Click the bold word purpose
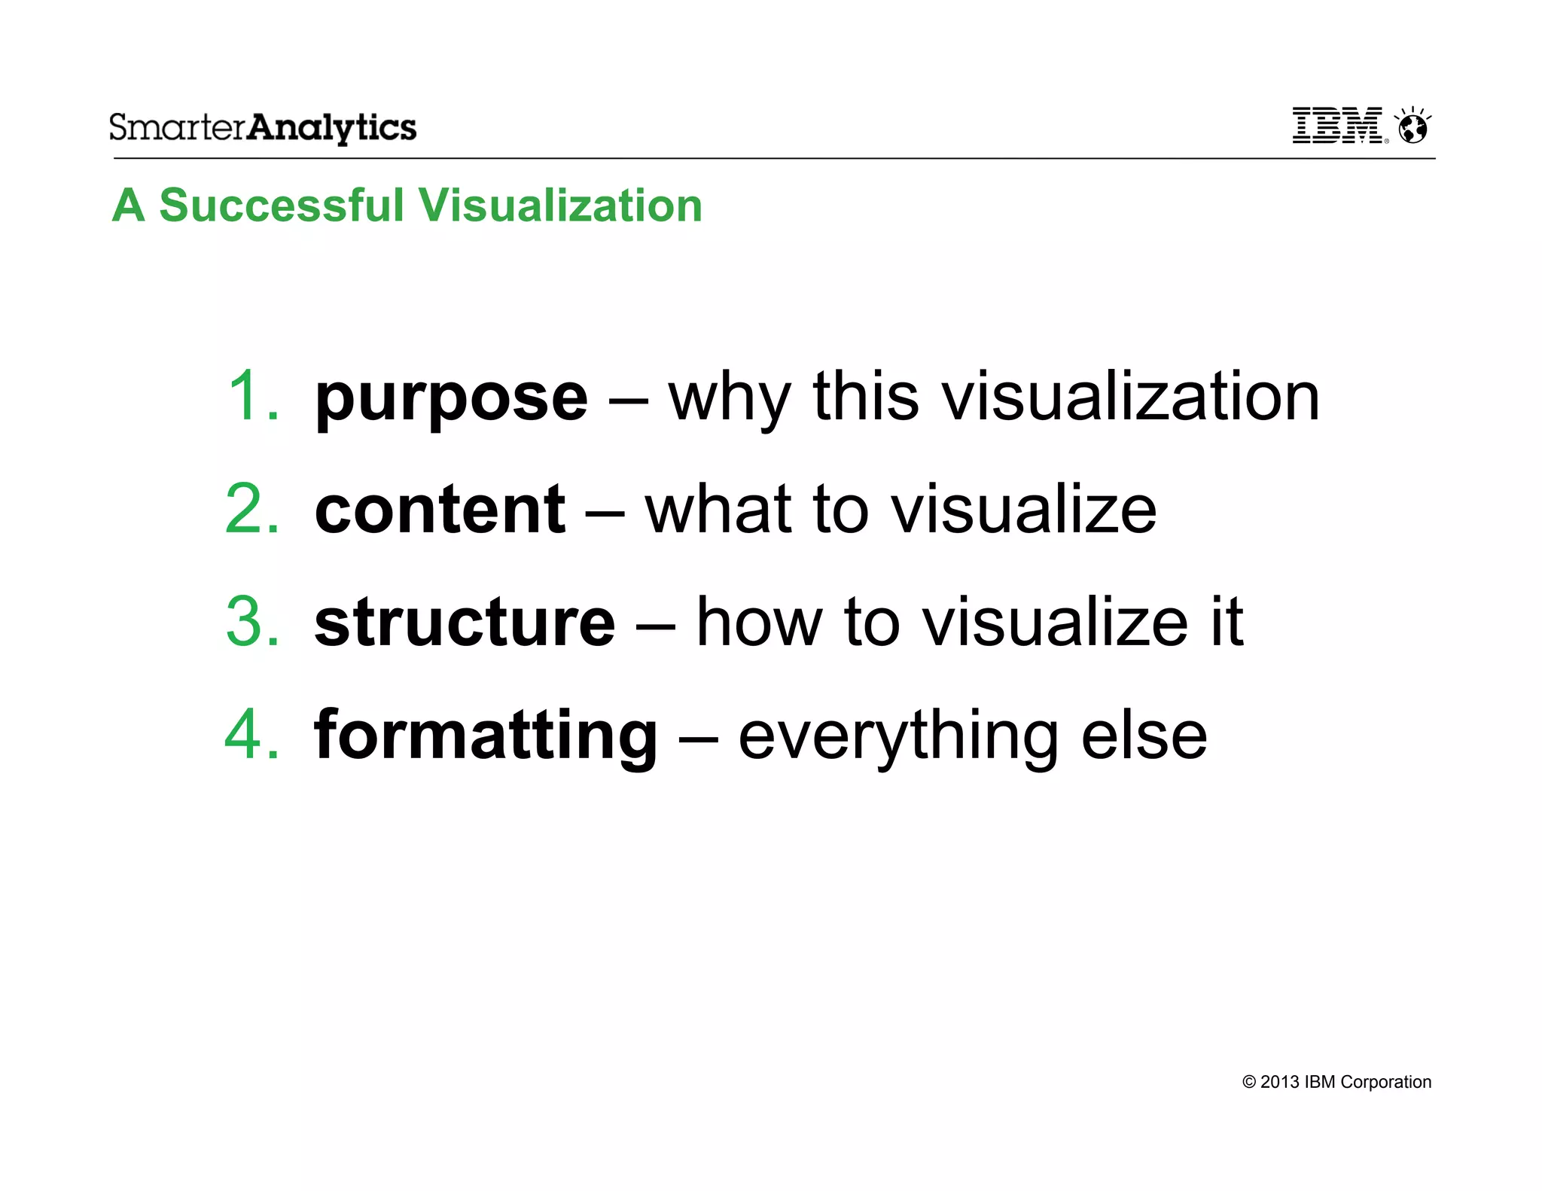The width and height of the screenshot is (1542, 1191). click(450, 399)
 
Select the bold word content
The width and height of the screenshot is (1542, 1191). click(439, 510)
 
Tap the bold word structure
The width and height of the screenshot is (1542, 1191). click(464, 623)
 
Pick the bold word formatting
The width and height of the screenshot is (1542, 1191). click(486, 736)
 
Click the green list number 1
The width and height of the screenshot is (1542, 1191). click(251, 397)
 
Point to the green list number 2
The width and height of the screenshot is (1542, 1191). click(251, 510)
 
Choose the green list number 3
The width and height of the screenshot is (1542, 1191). click(251, 623)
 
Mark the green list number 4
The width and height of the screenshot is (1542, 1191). click(251, 735)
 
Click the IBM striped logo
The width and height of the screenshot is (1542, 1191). click(1337, 125)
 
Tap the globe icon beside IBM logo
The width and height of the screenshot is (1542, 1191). click(1412, 126)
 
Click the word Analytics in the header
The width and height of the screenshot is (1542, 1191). click(331, 127)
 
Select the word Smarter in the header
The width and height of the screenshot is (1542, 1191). click(178, 127)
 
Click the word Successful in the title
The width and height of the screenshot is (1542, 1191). click(282, 205)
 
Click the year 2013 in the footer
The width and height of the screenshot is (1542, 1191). click(1279, 1082)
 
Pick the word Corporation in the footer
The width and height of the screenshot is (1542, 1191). click(1385, 1082)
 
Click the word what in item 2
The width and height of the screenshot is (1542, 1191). click(718, 510)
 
